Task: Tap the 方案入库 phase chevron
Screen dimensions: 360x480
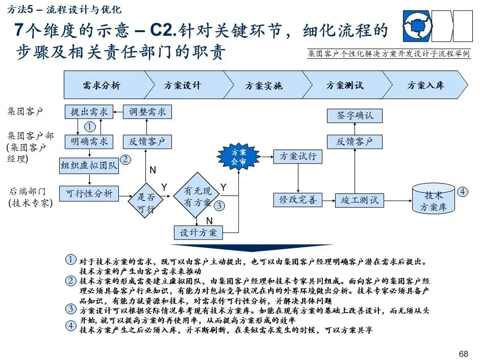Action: [x=426, y=85]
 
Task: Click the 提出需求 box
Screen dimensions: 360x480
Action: [x=89, y=112]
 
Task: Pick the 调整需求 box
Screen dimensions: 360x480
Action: [x=147, y=112]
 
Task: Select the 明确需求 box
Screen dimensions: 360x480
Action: [x=89, y=141]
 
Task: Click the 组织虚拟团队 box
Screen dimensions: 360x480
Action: [x=89, y=165]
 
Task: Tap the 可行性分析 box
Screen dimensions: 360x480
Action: [x=89, y=194]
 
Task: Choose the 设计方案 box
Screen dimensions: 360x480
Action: [x=198, y=233]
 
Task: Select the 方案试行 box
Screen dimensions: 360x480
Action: [x=298, y=157]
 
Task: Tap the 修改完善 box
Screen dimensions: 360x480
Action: [x=298, y=199]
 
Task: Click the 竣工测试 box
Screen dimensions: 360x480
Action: [x=360, y=200]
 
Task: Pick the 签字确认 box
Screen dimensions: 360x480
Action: [x=355, y=115]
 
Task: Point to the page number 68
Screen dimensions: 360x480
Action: [x=463, y=353]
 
